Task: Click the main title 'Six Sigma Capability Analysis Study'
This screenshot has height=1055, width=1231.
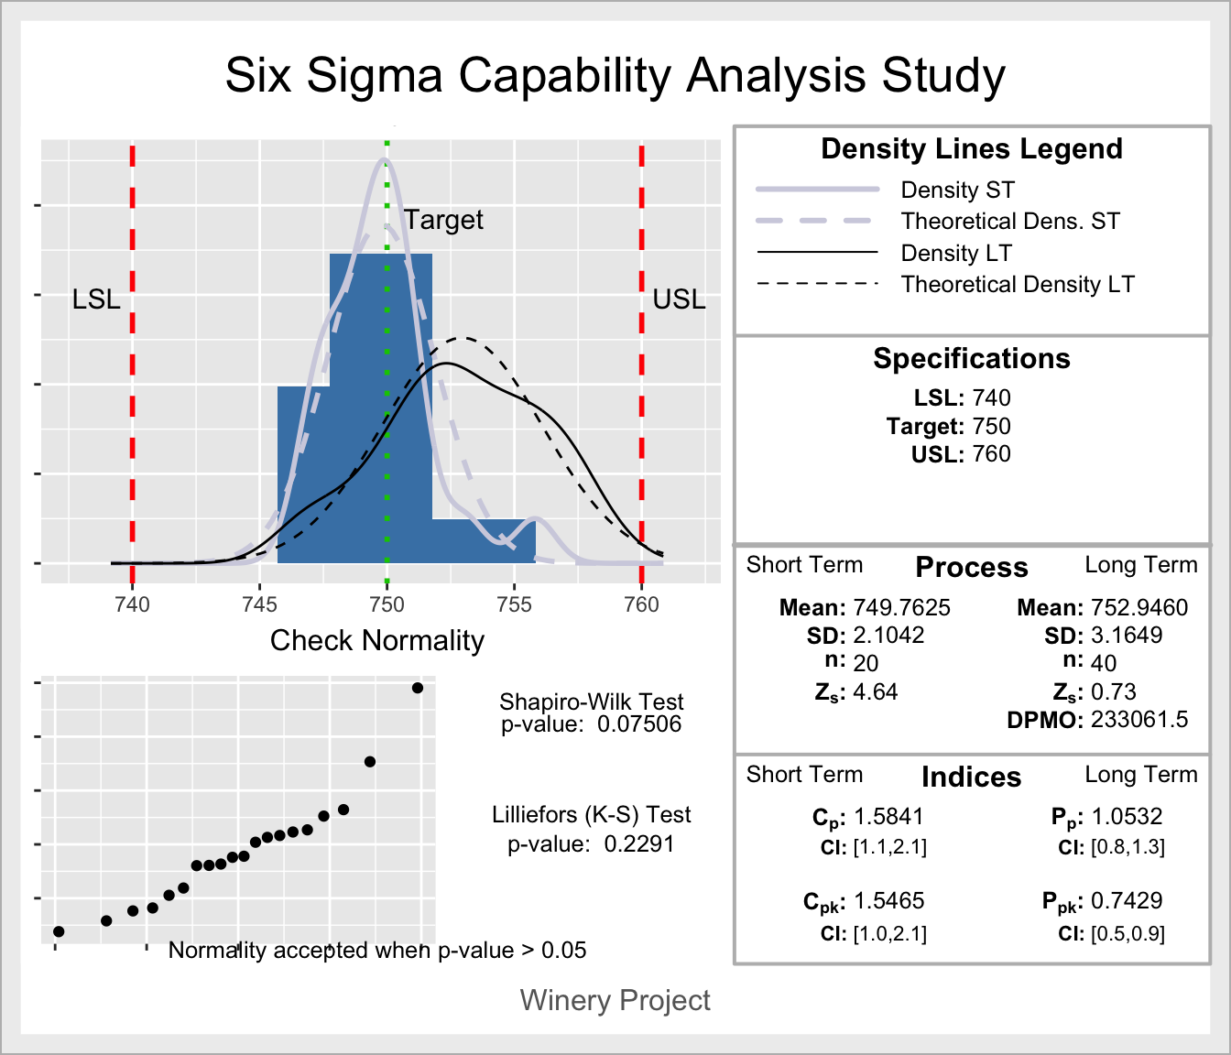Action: [615, 75]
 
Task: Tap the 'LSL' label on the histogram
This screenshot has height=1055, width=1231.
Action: [96, 299]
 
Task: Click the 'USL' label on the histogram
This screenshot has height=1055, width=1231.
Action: [679, 299]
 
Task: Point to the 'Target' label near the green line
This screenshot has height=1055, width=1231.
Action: [444, 220]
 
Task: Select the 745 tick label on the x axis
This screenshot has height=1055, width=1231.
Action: [259, 604]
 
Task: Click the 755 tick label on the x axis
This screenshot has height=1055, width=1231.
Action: [514, 604]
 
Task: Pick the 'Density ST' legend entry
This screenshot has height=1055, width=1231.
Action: [957, 190]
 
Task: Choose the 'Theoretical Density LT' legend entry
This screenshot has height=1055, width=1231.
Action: [1017, 285]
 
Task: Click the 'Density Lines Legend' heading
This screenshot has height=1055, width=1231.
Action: [971, 148]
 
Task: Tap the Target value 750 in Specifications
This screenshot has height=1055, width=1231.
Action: [991, 426]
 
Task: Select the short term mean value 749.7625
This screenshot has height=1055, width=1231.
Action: [901, 608]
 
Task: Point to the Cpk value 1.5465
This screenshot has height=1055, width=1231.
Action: [888, 901]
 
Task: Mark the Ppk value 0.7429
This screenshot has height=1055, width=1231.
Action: [1127, 901]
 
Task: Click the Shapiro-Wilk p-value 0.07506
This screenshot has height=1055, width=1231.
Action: [639, 724]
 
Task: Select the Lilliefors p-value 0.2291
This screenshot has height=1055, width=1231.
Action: [639, 843]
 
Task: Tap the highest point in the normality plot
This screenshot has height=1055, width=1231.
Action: [418, 688]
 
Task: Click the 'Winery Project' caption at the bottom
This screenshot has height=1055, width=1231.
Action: [615, 1000]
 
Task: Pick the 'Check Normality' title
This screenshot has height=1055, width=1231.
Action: [376, 640]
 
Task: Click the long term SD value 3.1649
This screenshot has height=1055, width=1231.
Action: [1127, 636]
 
